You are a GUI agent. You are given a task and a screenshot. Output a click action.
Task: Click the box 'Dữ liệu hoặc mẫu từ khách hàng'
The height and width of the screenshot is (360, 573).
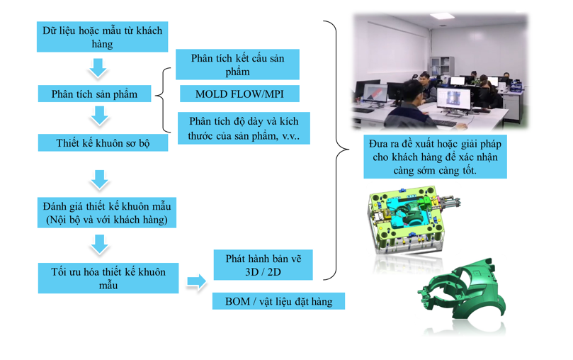[x=103, y=38]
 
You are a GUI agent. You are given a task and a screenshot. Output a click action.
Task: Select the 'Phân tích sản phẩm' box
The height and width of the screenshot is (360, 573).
[x=94, y=94]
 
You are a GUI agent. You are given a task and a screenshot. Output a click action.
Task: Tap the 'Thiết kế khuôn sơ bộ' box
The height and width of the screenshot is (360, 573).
[x=103, y=143]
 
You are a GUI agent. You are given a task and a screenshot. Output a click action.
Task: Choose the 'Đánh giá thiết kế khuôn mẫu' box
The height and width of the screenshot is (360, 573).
[x=106, y=213]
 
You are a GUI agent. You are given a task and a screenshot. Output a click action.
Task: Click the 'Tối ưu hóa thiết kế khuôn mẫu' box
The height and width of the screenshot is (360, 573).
[x=108, y=279]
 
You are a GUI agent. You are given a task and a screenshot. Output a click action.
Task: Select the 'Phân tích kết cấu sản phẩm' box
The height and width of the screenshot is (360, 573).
[x=237, y=64]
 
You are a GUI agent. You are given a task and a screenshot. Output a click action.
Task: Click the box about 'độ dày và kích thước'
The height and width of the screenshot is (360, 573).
[x=244, y=128]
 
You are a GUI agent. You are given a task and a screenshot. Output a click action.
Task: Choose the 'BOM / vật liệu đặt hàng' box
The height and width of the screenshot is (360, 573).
[x=278, y=301]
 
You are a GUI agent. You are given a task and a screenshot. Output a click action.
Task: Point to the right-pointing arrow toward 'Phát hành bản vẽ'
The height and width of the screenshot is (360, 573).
[x=196, y=283]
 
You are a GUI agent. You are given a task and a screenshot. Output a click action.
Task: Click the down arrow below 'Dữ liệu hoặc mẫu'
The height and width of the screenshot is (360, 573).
[x=98, y=68]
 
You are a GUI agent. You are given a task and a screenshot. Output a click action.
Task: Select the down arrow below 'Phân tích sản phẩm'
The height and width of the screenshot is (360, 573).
[x=100, y=116]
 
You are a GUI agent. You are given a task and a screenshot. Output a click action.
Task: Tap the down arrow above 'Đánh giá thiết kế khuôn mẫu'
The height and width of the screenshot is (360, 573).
[x=100, y=179]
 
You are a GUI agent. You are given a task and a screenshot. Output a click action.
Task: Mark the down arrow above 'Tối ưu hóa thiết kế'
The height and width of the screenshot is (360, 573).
[x=100, y=244]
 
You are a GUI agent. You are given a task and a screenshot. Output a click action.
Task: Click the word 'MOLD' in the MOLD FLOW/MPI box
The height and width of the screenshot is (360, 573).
[x=215, y=94]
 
